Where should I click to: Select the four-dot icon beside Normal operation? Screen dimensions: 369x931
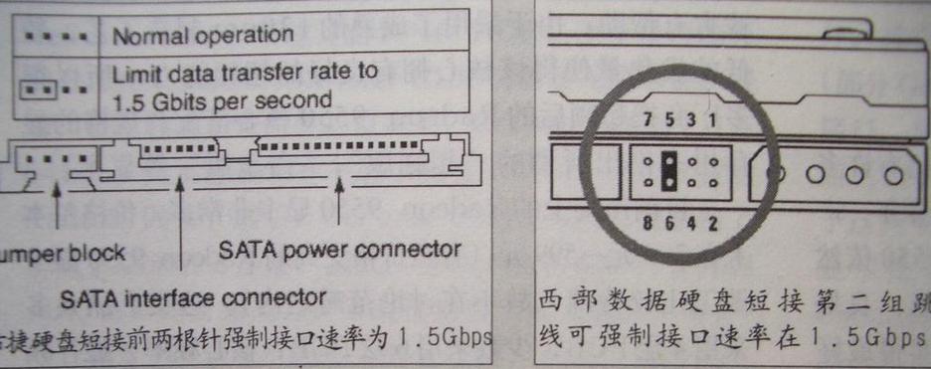[51, 35]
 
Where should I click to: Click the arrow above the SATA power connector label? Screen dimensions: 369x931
[341, 199]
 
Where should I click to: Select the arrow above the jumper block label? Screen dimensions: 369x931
[62, 204]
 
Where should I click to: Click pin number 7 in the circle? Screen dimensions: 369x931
[649, 120]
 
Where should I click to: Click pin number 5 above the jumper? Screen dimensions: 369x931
[669, 120]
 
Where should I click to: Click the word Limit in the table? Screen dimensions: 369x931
[129, 72]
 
